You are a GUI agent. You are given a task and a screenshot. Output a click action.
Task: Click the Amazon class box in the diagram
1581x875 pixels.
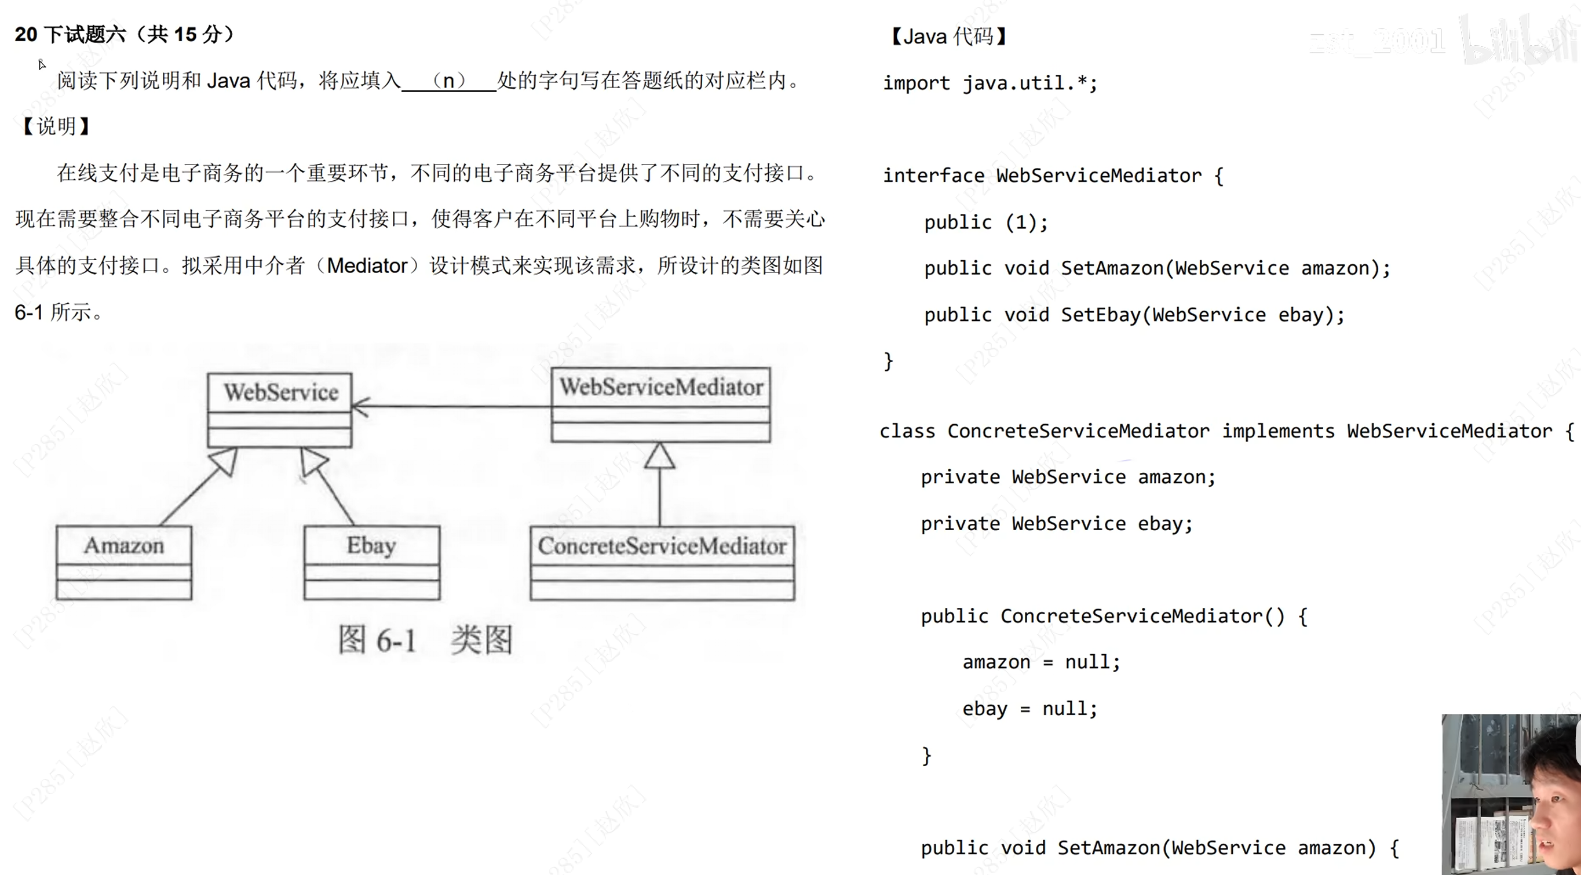tap(123, 562)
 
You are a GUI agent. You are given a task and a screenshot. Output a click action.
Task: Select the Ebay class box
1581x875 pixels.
tap(372, 562)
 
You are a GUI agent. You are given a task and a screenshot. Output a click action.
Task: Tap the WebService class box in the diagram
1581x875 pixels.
tap(279, 410)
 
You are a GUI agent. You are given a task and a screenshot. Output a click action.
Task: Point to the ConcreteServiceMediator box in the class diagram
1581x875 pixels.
tap(662, 563)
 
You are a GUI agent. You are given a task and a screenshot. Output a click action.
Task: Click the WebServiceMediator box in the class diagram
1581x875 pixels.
tap(660, 404)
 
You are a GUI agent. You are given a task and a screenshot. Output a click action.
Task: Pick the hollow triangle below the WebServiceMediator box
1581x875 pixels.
tap(660, 457)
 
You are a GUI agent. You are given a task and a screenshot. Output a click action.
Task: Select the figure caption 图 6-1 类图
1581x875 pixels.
tap(425, 640)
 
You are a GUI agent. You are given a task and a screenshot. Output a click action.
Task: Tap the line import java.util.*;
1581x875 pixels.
tap(990, 83)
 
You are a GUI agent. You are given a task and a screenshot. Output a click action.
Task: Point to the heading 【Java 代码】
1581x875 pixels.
tap(948, 37)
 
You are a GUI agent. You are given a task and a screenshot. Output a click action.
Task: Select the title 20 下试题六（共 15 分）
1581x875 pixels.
tap(124, 34)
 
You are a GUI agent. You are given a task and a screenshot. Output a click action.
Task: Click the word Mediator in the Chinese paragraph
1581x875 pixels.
tap(367, 266)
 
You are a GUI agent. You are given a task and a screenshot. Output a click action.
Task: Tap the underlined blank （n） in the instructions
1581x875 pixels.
tap(448, 81)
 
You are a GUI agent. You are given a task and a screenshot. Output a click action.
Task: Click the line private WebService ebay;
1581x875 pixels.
tap(1056, 524)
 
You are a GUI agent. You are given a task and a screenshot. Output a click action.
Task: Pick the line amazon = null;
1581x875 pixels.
tap(1041, 662)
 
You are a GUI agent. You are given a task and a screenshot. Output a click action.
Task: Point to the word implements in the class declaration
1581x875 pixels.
tap(1278, 431)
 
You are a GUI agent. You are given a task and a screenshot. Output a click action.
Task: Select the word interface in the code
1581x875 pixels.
tap(933, 176)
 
